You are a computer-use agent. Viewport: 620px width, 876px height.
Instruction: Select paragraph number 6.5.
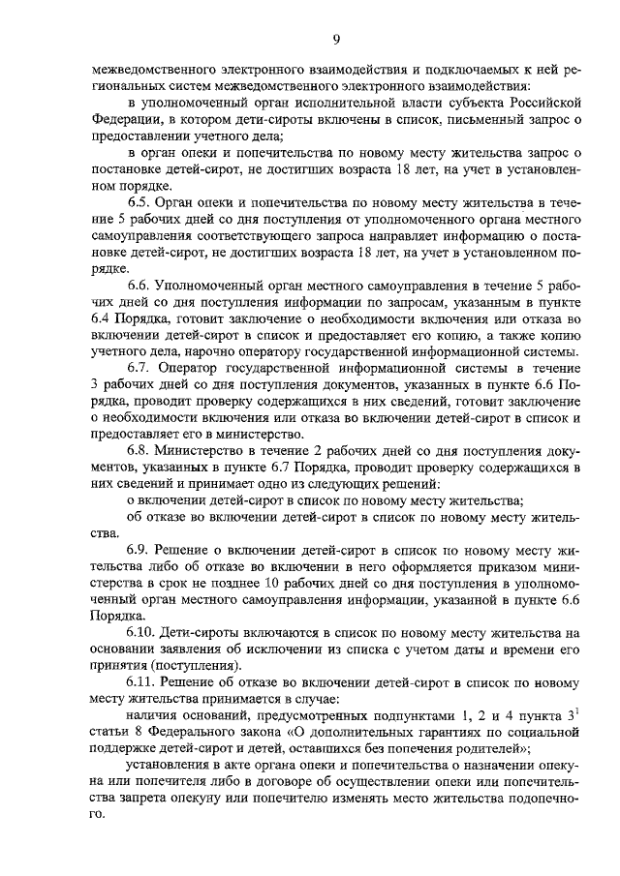pos(141,202)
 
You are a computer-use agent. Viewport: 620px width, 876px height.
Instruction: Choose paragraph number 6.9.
pos(141,549)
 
